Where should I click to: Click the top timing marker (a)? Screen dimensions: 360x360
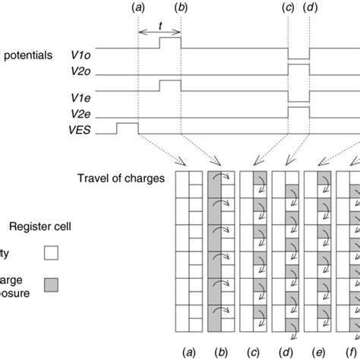pyautogui.click(x=138, y=7)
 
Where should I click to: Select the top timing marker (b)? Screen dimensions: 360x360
pyautogui.click(x=181, y=7)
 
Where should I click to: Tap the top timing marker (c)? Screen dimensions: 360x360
pyautogui.click(x=289, y=7)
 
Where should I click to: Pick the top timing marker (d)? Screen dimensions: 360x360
pyautogui.click(x=311, y=7)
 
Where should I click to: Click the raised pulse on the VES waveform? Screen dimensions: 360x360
pyautogui.click(x=127, y=124)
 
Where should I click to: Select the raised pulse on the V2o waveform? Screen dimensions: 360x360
pyautogui.click(x=299, y=70)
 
